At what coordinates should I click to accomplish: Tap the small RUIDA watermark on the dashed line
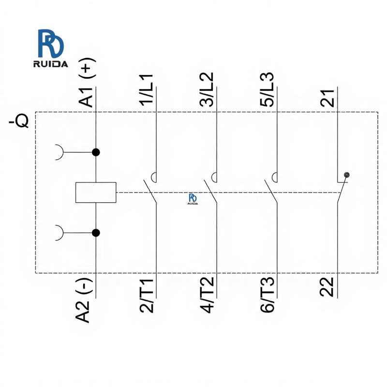click(193, 199)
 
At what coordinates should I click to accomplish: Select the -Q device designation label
click(19, 121)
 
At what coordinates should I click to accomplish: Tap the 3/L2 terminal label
click(207, 89)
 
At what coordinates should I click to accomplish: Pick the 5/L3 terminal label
click(267, 89)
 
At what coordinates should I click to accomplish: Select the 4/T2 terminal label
click(207, 295)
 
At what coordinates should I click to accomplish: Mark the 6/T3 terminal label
click(267, 295)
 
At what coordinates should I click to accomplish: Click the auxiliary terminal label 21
click(327, 97)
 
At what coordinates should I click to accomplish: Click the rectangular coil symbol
click(96, 192)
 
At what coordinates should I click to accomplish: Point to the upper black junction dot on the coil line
click(96, 152)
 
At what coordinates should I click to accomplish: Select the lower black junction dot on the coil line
click(96, 233)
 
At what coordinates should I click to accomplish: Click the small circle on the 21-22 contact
click(346, 175)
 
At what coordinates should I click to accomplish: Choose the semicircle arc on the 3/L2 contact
click(214, 177)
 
